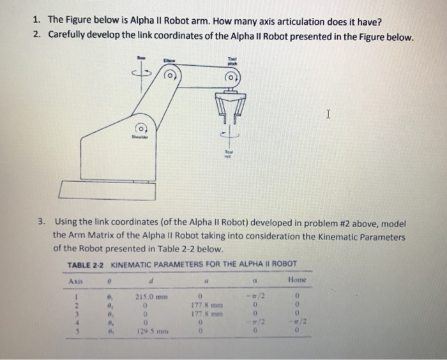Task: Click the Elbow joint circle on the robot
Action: [x=170, y=76]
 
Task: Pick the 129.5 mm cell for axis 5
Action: [x=148, y=331]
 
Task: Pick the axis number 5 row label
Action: [x=75, y=331]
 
